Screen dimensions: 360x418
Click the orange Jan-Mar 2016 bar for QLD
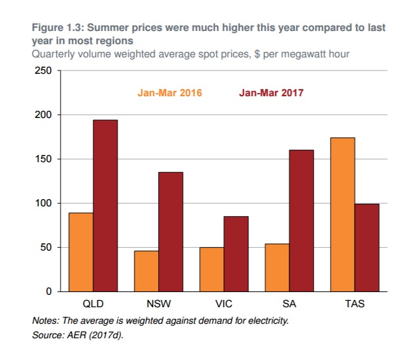tap(80, 252)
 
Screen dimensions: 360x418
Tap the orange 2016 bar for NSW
tap(146, 271)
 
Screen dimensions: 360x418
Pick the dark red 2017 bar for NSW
tap(170, 231)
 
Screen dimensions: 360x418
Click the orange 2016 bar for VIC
tap(211, 269)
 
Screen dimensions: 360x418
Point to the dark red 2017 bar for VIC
tap(235, 254)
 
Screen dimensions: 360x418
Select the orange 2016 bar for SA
tap(276, 268)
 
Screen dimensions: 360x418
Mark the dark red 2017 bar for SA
tap(301, 221)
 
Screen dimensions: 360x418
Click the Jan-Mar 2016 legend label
tap(169, 92)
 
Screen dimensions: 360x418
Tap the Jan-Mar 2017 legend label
tap(271, 92)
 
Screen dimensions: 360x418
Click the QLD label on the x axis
tap(92, 305)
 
